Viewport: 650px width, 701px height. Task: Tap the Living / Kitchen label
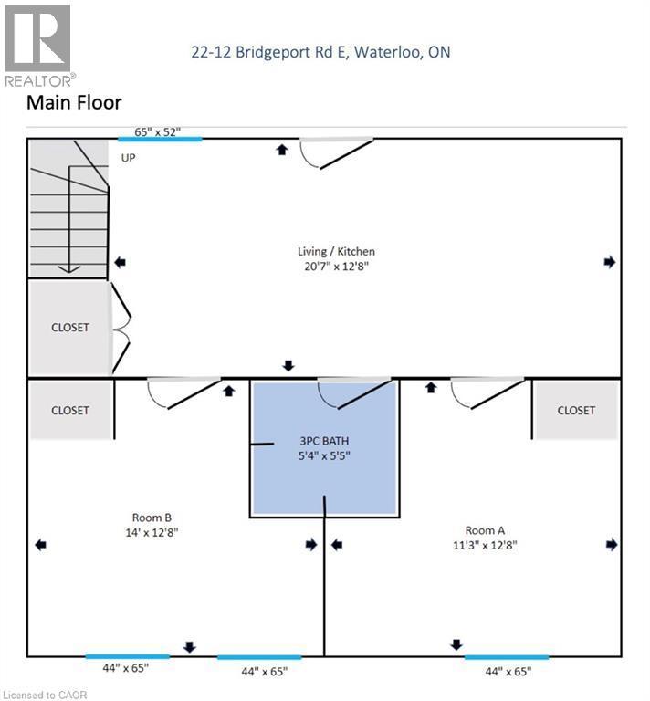coord(336,251)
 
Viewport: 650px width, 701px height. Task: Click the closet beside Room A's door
coord(575,411)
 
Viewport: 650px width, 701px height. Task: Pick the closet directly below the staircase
coord(69,327)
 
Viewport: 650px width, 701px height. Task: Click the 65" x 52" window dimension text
coord(158,131)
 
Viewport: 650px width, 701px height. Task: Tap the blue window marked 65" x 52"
coord(160,139)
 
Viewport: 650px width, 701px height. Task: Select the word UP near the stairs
coord(129,157)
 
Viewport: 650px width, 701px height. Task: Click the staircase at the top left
coord(68,208)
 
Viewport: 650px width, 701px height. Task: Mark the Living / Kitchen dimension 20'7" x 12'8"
coord(336,267)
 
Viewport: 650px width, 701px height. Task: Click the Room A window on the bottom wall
coord(507,656)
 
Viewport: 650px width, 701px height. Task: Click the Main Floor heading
coord(74,103)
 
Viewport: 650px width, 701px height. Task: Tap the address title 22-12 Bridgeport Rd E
coord(320,52)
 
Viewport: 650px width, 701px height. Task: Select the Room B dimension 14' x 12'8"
coord(152,532)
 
